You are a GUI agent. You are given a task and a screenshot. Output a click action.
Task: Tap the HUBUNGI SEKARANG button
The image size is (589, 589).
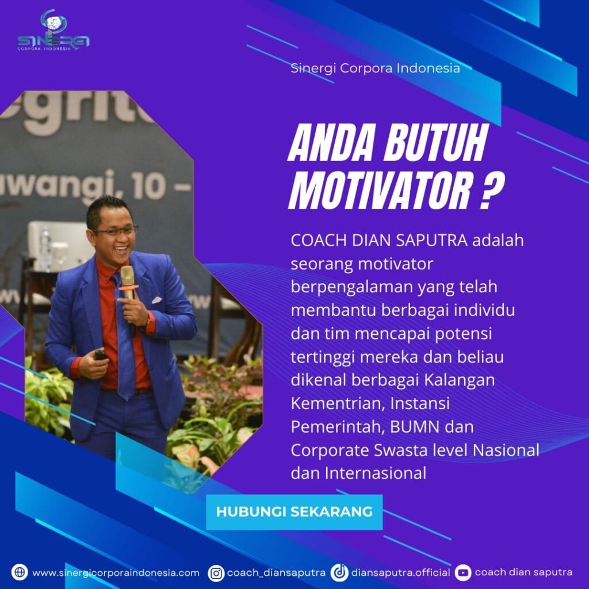[x=294, y=512]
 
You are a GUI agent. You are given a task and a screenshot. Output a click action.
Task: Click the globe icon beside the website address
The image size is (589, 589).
[x=20, y=572]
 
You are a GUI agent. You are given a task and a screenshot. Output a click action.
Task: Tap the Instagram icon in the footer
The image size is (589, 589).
[x=216, y=573]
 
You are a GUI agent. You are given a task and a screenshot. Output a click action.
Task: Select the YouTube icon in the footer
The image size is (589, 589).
[x=463, y=573]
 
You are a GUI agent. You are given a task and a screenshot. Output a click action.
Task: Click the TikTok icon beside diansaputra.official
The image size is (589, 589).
[x=339, y=573]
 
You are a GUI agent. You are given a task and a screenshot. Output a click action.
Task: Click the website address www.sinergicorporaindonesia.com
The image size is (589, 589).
[x=116, y=573]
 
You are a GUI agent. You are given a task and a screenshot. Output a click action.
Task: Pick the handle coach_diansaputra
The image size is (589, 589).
[x=276, y=573]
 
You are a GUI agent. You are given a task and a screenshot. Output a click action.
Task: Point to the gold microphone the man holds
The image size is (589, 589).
[x=128, y=282]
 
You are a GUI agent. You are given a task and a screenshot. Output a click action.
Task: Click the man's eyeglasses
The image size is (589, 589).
[x=115, y=230]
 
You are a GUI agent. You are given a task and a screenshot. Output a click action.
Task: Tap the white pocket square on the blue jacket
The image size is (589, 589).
[x=156, y=300]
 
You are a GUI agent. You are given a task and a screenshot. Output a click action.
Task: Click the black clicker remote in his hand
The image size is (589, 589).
[x=100, y=354]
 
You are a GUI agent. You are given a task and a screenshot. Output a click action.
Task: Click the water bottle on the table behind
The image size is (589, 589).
[x=45, y=249]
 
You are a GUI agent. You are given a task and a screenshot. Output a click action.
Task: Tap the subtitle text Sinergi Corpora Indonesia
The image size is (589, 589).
[x=375, y=68]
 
